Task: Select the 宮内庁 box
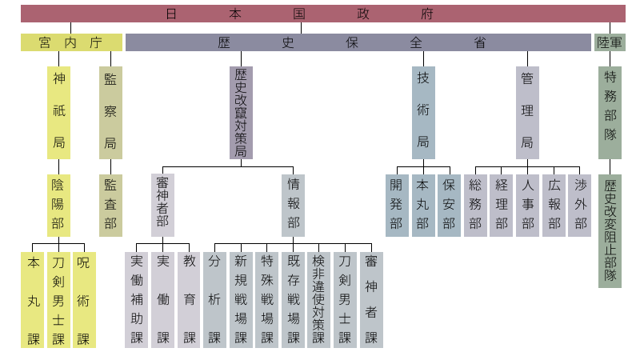point(71,42)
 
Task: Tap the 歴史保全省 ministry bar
point(358,42)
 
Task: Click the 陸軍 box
point(610,42)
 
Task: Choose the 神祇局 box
point(58,112)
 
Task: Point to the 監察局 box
point(110,112)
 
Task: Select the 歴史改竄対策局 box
point(241,112)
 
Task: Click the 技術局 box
point(423,112)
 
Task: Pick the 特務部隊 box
point(610,112)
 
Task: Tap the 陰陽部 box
point(58,205)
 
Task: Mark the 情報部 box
point(294,205)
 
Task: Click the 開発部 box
point(397,205)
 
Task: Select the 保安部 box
point(449,205)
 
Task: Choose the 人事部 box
point(527,205)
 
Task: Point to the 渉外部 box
point(579,205)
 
